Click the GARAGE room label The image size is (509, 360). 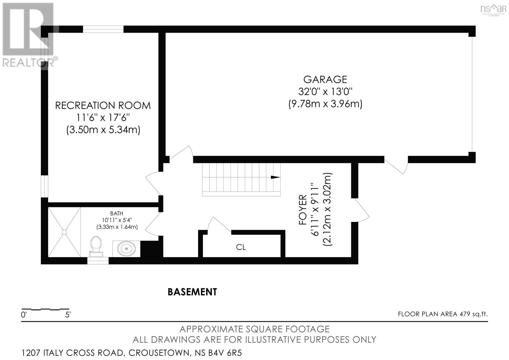[325, 79]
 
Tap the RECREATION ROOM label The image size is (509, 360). [103, 105]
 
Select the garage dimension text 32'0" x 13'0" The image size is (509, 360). [325, 92]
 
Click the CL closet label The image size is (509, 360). [241, 247]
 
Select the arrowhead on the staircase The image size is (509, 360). [275, 177]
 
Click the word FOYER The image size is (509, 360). [303, 210]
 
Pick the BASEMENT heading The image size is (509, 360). [192, 292]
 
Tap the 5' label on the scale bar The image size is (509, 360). [68, 315]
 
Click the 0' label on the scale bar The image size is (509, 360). [24, 315]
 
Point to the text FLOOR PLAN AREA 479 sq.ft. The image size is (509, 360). [443, 314]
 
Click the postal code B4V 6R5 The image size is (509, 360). [227, 353]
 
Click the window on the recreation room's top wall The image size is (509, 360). [103, 29]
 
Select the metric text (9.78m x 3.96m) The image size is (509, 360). [325, 104]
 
